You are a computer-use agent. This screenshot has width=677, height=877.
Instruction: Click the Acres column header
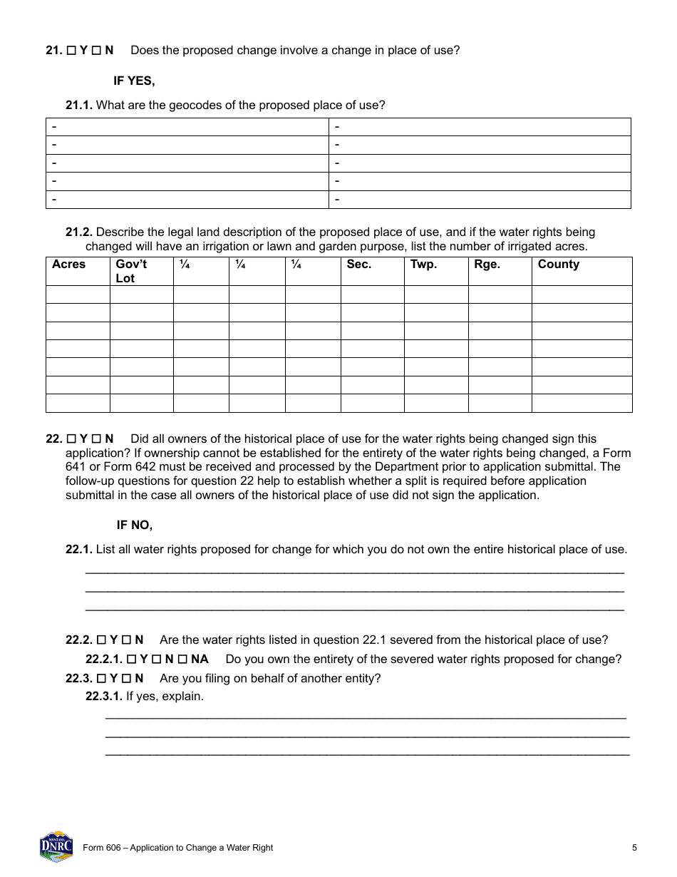point(68,265)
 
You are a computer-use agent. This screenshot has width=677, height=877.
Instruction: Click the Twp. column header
point(423,265)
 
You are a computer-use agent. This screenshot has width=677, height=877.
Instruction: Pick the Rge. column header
point(487,265)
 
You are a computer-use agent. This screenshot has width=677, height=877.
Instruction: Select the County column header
point(558,265)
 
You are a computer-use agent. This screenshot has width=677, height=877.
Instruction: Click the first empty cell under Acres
point(78,294)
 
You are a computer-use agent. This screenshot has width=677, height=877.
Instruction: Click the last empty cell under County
point(582,403)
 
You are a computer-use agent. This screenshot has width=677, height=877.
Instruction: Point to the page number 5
point(634,848)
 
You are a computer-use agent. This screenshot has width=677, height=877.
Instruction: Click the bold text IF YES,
point(134,81)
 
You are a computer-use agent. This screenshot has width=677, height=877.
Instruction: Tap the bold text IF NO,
point(134,525)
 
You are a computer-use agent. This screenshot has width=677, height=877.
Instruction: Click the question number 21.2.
point(79,232)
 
